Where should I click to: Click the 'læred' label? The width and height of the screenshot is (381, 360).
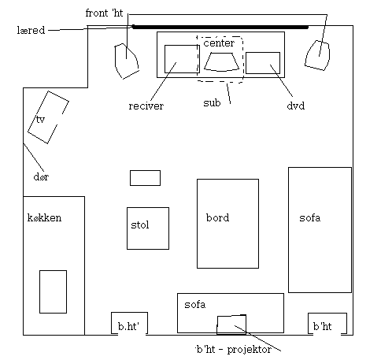[31, 30]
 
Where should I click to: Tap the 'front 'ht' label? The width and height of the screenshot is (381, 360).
[104, 13]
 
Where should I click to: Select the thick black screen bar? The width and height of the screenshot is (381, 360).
[220, 27]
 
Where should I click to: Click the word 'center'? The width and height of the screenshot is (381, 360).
[219, 43]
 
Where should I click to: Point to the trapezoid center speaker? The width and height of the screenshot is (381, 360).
[221, 62]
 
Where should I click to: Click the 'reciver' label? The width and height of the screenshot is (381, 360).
[146, 106]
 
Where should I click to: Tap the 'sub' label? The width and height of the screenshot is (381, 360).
[212, 102]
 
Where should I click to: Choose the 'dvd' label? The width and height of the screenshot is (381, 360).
[296, 106]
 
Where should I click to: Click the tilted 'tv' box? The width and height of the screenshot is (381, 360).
[48, 117]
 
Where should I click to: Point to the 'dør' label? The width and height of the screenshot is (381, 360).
[41, 176]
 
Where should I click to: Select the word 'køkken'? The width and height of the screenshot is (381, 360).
[44, 217]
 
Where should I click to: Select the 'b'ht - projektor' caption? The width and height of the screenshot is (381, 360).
[234, 350]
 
